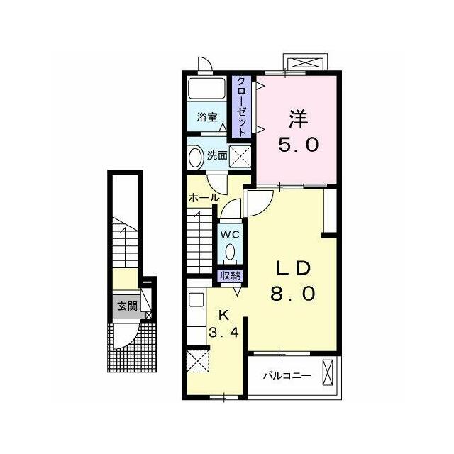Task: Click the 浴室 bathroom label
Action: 207,117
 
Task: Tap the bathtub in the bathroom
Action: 206,88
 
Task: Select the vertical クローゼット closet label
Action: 241,106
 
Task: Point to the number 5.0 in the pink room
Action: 298,145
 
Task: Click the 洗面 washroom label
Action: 217,156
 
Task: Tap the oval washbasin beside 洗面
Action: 196,157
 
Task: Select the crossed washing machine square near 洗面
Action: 240,156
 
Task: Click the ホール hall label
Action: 204,199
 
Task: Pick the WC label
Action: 230,235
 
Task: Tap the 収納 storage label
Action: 231,276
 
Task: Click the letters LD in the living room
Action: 293,268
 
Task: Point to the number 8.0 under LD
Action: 293,293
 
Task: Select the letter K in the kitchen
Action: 223,315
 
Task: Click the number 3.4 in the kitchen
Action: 224,333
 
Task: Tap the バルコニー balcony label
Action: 287,376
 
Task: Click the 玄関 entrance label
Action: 128,306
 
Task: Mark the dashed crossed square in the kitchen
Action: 198,361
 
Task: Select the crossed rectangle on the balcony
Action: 328,372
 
